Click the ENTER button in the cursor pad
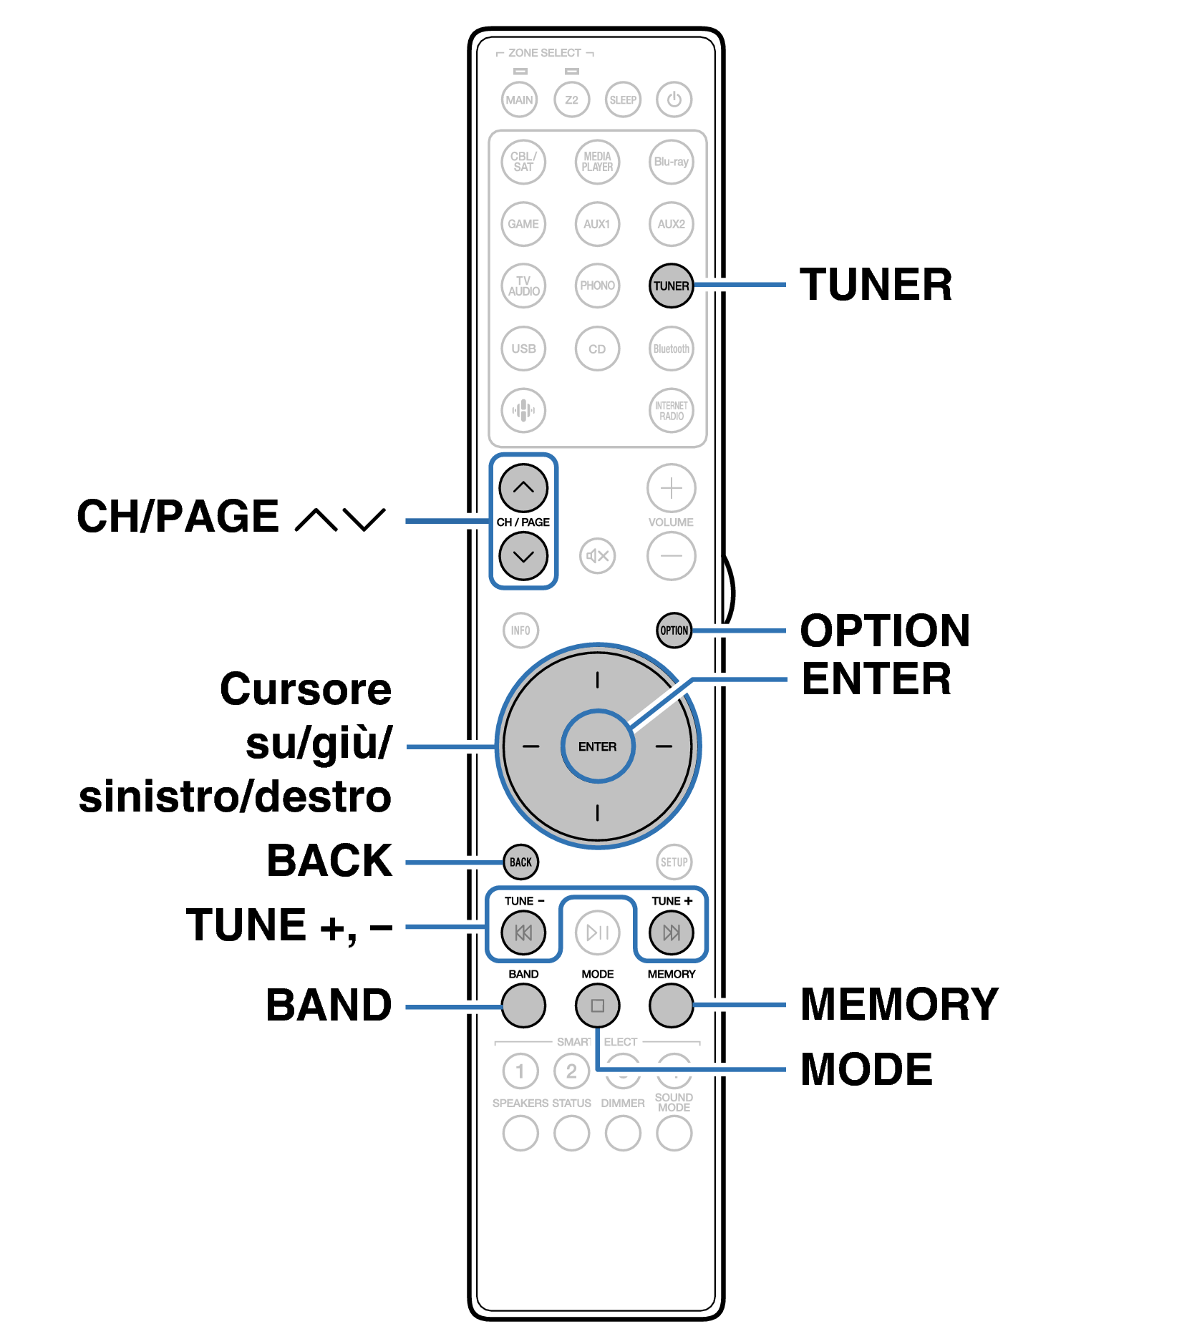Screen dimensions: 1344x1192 [x=597, y=746]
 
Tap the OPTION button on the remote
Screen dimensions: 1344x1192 [x=674, y=630]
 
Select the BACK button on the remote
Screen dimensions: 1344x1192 [x=520, y=862]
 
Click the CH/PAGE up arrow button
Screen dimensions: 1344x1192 [x=523, y=488]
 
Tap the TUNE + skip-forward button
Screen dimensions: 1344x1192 [x=671, y=932]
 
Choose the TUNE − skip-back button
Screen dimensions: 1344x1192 [x=523, y=932]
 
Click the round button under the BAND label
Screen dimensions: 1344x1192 [x=523, y=1005]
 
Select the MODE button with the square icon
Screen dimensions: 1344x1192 [x=597, y=1005]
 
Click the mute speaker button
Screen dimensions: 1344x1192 [x=597, y=555]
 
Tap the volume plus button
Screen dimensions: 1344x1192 [x=671, y=488]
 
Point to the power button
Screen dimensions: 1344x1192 [x=674, y=99]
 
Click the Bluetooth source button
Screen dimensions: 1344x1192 [x=671, y=349]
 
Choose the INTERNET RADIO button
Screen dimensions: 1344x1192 [x=671, y=410]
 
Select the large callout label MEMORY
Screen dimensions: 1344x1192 [x=898, y=1004]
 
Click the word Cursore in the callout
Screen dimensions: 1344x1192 [x=306, y=689]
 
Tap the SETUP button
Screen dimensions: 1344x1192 [x=674, y=862]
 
